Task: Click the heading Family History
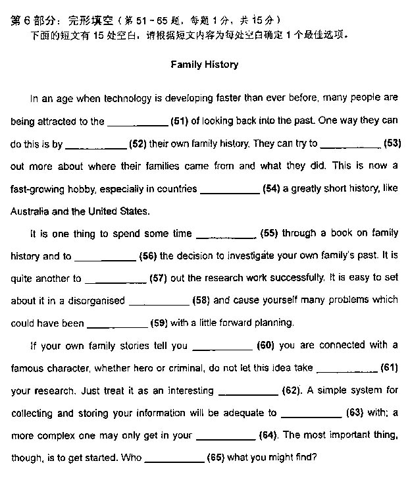click(x=204, y=65)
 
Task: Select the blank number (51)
click(x=180, y=121)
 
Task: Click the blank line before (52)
click(x=96, y=144)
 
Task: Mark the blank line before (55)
click(x=226, y=234)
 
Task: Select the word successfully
click(x=293, y=278)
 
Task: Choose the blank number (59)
click(x=159, y=323)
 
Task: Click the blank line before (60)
click(x=221, y=346)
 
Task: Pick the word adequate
click(x=243, y=413)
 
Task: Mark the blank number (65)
click(x=216, y=458)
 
